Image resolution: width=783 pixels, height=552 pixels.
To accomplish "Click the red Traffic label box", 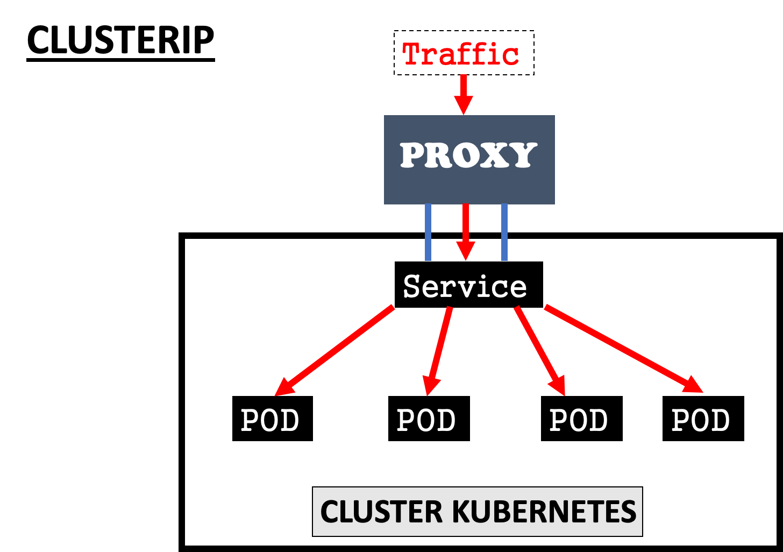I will click(x=464, y=53).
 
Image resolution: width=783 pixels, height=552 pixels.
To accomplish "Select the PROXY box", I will click(x=469, y=159).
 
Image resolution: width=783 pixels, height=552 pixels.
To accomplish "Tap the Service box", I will click(x=468, y=285).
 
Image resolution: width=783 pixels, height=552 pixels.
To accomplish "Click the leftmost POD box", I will click(x=272, y=419).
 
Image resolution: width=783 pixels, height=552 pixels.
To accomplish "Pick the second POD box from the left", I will click(x=429, y=419).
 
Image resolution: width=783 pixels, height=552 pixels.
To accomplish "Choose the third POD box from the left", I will click(x=581, y=419).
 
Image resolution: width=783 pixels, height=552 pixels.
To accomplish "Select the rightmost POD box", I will click(x=703, y=419).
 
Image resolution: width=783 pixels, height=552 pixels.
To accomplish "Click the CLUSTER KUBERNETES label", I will click(x=478, y=512).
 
